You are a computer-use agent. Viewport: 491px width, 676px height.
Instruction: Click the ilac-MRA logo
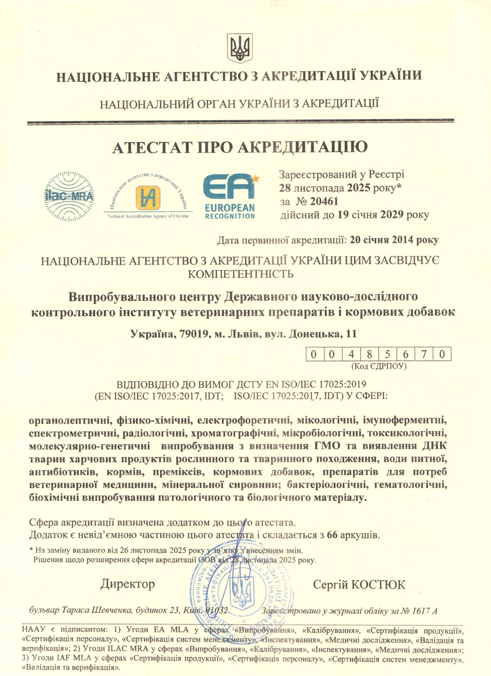pyautogui.click(x=69, y=196)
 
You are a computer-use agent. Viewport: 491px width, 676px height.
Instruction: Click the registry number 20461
pyautogui.click(x=324, y=202)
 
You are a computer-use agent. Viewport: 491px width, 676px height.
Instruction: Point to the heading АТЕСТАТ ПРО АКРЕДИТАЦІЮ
pyautogui.click(x=240, y=147)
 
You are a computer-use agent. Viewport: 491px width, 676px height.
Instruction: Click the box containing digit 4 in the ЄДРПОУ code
pyautogui.click(x=351, y=354)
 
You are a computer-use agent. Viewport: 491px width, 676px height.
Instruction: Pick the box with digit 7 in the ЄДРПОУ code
pyautogui.click(x=423, y=354)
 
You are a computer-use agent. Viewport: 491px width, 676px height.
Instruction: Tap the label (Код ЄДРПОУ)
pyautogui.click(x=378, y=366)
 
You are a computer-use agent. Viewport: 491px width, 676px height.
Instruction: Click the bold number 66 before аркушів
pyautogui.click(x=332, y=535)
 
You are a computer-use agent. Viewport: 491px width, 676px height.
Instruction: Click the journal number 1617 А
pyautogui.click(x=423, y=611)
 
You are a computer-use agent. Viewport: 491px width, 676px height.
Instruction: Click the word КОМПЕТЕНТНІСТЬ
pyautogui.click(x=241, y=274)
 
